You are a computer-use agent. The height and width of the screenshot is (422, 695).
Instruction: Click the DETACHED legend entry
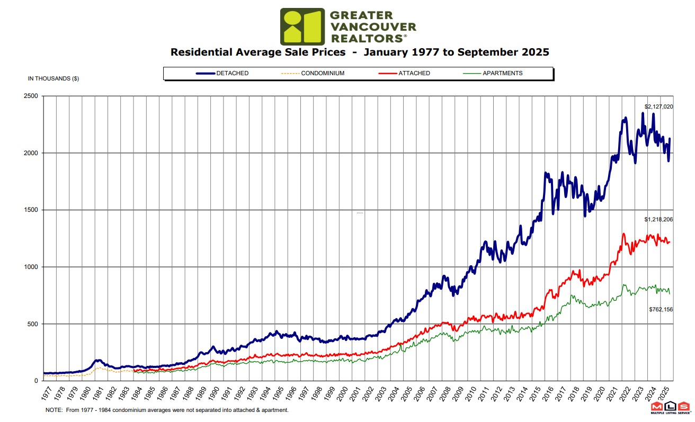[x=232, y=73]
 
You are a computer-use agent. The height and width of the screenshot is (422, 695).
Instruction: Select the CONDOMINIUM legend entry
[x=323, y=73]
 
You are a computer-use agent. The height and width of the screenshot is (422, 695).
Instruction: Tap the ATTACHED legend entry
[x=414, y=73]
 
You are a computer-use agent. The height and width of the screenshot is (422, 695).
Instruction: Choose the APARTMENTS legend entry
[x=502, y=73]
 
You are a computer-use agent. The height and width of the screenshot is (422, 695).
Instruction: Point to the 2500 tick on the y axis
[x=31, y=96]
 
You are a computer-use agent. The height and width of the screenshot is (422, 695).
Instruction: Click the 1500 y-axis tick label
[x=31, y=210]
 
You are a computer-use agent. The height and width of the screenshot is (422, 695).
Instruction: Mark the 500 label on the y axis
[x=32, y=324]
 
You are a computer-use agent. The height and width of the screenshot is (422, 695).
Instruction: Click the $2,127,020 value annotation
[x=658, y=106]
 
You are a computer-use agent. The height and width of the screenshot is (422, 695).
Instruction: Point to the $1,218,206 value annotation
[x=658, y=219]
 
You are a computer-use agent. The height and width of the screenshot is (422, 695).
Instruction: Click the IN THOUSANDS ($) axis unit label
[x=54, y=79]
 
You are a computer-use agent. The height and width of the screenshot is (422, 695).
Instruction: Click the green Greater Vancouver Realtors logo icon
[x=302, y=26]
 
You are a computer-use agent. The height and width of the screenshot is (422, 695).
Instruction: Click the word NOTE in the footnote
[x=54, y=410]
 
